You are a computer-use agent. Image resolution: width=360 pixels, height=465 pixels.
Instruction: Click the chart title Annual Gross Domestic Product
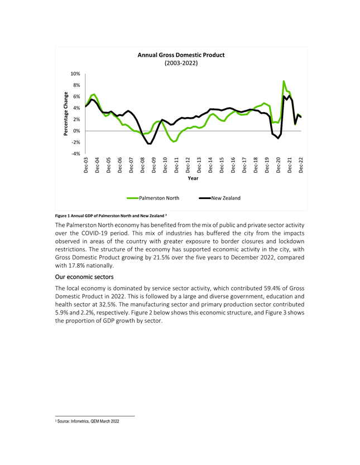[180, 55]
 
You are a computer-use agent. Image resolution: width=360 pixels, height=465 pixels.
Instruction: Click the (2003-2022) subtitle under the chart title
[180, 64]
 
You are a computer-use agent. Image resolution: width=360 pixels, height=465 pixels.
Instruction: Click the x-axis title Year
[193, 178]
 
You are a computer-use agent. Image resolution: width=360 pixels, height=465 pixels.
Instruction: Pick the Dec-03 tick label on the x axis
[85, 166]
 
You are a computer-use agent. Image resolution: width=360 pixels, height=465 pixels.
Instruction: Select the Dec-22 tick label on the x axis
[301, 166]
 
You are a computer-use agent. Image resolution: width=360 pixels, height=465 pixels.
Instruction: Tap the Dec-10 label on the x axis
[165, 166]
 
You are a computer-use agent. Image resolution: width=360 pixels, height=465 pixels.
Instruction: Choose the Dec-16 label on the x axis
[233, 166]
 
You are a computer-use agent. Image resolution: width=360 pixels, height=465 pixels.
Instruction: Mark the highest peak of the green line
[284, 81]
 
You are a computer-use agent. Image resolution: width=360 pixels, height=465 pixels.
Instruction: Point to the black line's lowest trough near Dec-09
[150, 144]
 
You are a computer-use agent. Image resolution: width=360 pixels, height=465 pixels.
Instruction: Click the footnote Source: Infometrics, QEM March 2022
[88, 422]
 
